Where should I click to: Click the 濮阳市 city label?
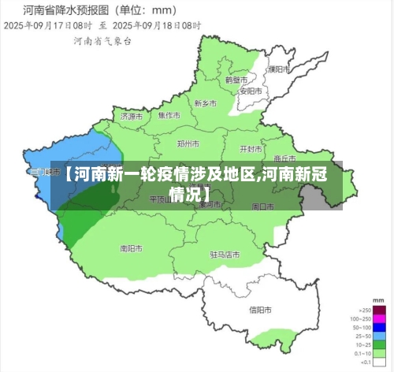[275, 69]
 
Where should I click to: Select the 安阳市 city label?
[250, 91]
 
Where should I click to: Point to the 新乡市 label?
[205, 102]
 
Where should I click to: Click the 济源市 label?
[132, 116]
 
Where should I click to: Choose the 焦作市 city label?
[169, 115]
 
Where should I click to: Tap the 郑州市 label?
[188, 144]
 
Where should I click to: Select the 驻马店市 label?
[225, 255]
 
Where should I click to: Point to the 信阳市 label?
[261, 309]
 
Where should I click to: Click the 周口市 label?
[262, 206]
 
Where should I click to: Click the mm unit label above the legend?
[378, 302]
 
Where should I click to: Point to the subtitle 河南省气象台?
[98, 39]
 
